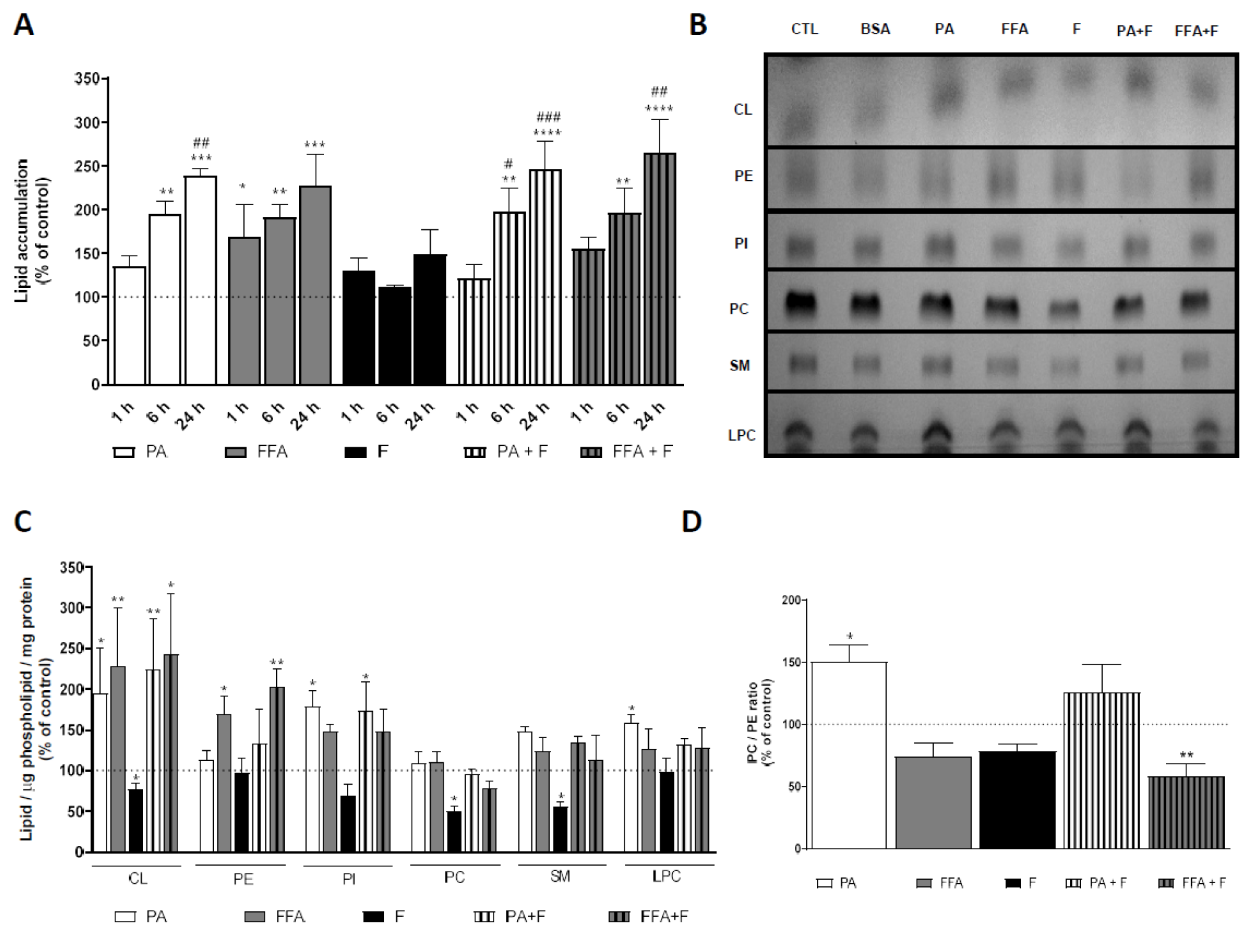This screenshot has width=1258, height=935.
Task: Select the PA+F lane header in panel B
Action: click(1134, 30)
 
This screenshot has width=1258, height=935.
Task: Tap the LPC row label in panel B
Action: click(741, 435)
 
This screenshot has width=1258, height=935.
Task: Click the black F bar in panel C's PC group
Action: click(454, 832)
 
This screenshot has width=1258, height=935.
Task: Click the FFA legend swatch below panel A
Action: click(235, 452)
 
